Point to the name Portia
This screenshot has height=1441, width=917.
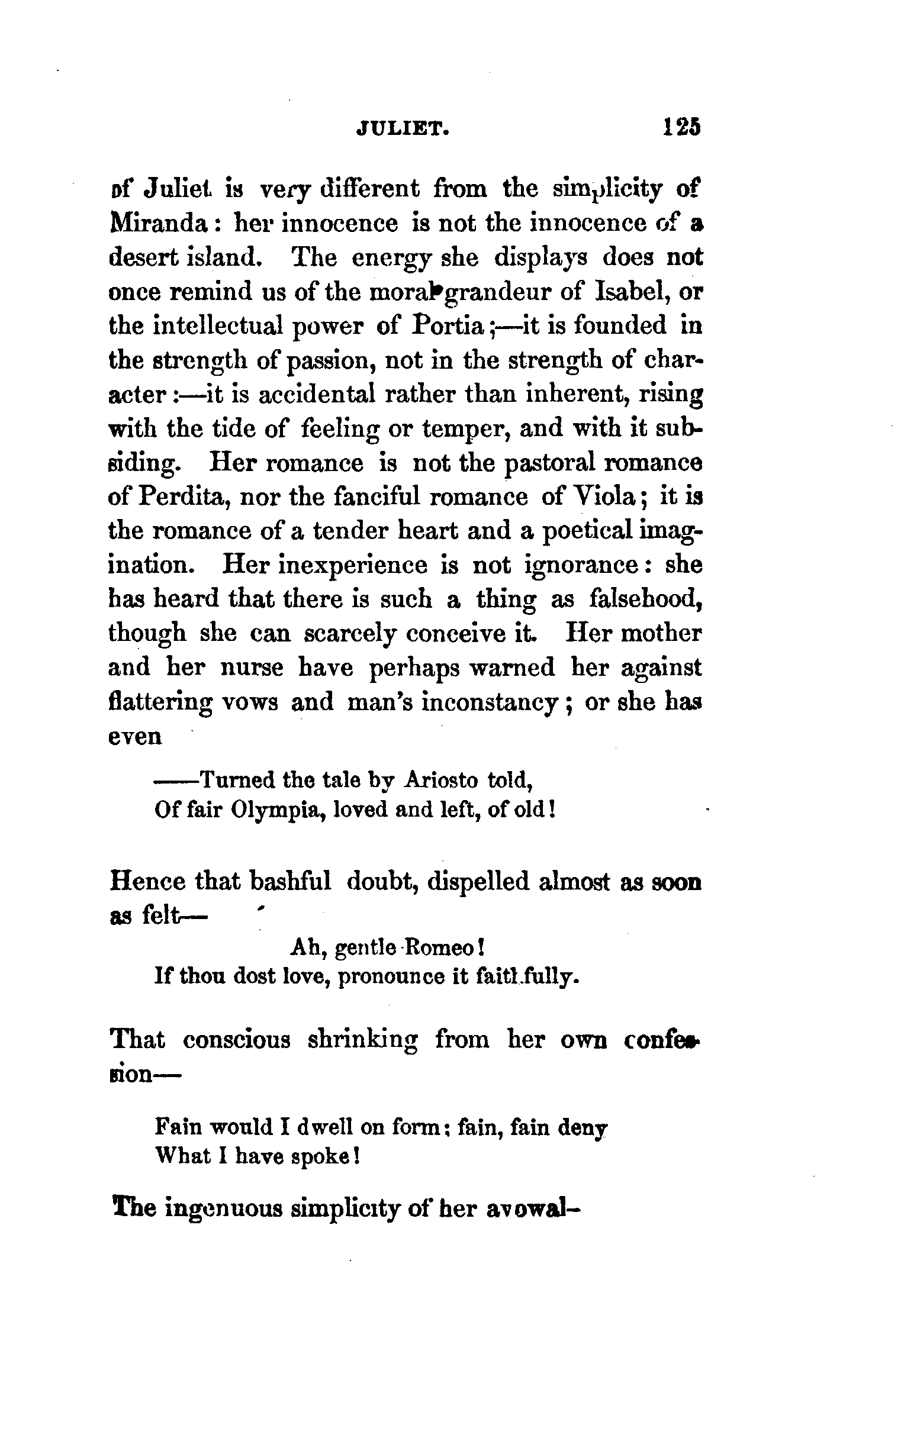[x=448, y=326]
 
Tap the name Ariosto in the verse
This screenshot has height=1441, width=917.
[x=442, y=780]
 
